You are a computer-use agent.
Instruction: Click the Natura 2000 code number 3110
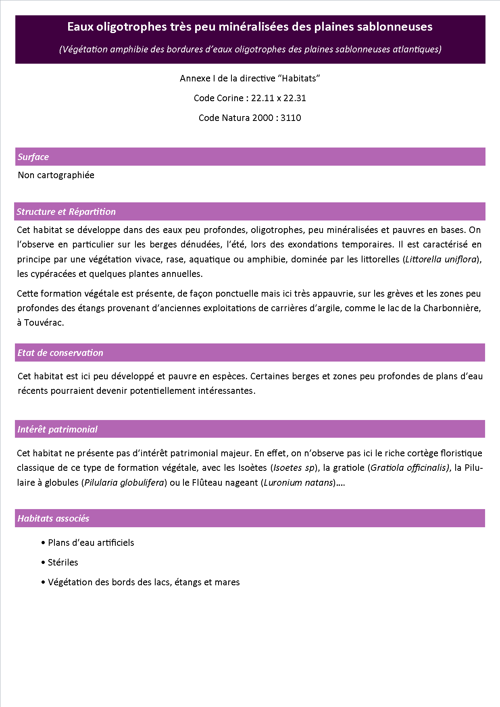291,118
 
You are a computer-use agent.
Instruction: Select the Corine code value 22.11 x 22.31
278,98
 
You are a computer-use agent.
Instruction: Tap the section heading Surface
33,157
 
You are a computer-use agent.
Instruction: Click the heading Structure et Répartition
66,212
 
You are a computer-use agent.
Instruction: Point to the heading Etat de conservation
60,353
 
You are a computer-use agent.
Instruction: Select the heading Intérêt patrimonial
57,430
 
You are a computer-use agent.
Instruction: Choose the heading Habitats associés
53,519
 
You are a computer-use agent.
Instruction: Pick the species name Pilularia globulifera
124,483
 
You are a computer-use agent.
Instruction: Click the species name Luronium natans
298,483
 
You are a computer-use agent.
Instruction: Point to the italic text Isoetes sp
294,468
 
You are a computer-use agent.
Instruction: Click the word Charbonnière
452,308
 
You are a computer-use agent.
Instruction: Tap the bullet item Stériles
63,563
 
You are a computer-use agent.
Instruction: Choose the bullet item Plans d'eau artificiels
91,543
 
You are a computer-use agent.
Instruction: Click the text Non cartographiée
56,175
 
